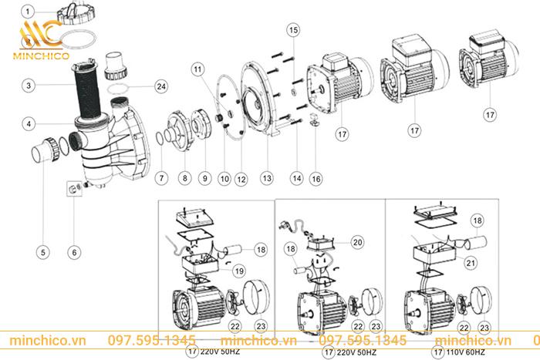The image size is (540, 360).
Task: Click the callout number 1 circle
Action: [x=28, y=12]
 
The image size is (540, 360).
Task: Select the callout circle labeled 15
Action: [x=292, y=29]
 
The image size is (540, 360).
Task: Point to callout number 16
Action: [x=315, y=179]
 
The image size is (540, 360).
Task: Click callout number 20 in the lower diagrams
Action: [x=356, y=241]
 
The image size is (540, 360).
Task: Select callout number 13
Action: [x=267, y=179]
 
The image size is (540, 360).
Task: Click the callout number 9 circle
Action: [x=205, y=179]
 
